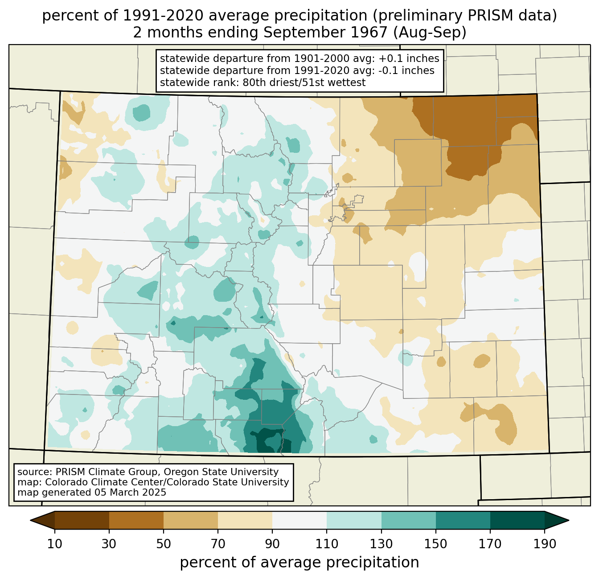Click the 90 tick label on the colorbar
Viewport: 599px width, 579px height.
[272, 544]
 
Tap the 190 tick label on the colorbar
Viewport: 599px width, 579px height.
[544, 544]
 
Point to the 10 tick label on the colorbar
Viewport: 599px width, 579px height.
[55, 544]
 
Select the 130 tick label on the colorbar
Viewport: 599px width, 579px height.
[382, 544]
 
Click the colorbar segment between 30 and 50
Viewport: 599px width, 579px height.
[136, 520]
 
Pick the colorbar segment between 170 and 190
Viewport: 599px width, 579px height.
[517, 520]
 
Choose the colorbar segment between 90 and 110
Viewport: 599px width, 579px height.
[299, 520]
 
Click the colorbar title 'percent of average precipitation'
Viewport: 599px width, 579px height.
[299, 563]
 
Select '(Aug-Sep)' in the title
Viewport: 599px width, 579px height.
[429, 33]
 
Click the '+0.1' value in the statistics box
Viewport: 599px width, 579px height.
[389, 59]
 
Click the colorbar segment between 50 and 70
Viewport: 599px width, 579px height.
[191, 520]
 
